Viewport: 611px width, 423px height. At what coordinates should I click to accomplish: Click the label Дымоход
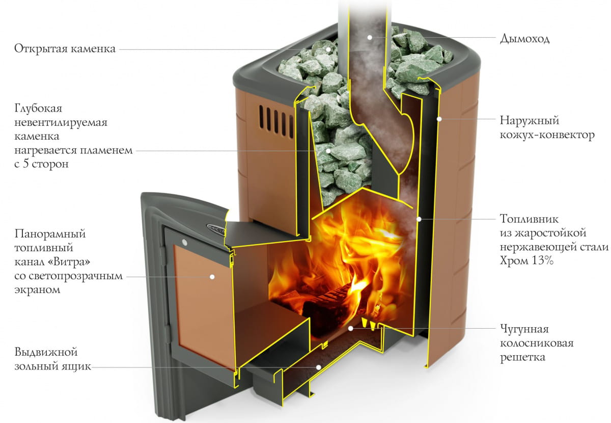point(525,39)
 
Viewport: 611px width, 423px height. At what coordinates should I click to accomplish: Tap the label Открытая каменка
point(65,49)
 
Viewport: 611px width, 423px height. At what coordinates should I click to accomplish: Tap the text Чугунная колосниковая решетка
point(536,343)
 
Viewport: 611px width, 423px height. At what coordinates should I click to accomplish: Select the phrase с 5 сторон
point(42,165)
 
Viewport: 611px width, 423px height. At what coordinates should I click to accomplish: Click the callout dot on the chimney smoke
point(370,37)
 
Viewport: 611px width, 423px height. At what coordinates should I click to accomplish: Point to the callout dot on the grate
point(350,328)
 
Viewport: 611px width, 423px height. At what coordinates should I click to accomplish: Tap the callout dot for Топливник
point(419,219)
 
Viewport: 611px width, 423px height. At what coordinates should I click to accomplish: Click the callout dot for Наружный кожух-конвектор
point(439,119)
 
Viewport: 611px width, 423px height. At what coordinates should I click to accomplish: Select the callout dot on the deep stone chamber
point(329,151)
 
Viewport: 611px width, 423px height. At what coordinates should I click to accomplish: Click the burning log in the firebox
point(326,301)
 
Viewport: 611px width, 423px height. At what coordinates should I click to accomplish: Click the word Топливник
point(529,219)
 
